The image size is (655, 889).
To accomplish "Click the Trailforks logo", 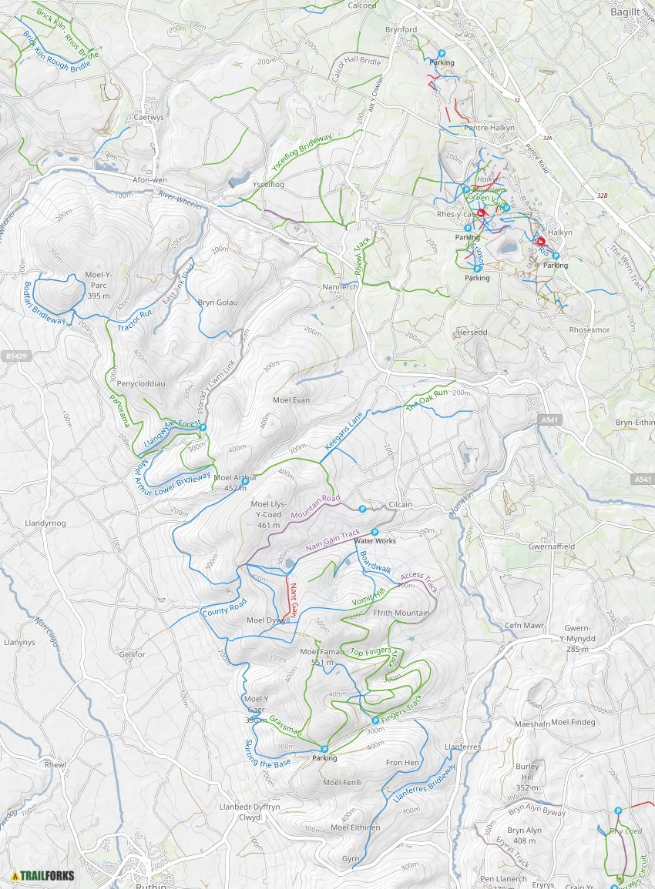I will (43, 875).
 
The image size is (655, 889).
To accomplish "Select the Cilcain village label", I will (400, 505).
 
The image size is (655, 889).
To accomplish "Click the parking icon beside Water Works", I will (375, 532).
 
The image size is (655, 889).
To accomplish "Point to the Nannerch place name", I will (338, 286).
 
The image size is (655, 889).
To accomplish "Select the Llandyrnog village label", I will (45, 523).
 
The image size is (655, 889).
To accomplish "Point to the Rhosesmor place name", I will (589, 329).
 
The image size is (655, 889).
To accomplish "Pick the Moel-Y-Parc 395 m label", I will (99, 290).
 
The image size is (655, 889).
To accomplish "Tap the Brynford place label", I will (401, 30).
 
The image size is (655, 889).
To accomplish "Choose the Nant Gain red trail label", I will (294, 599).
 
